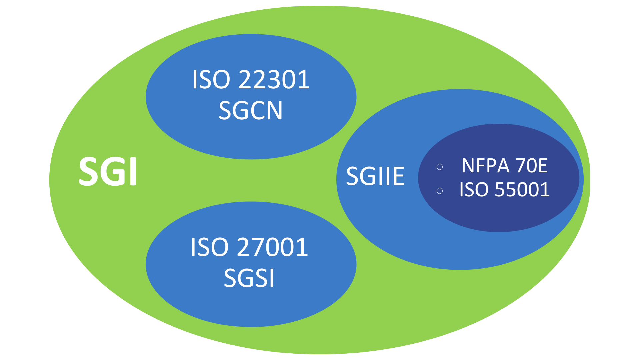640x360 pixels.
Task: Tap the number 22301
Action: point(274,80)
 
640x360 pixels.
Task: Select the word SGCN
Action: point(250,111)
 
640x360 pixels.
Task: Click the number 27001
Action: point(272,247)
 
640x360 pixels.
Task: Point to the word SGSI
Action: point(249,278)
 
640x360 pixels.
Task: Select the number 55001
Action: point(522,190)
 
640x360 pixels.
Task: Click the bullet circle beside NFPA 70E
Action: point(440,167)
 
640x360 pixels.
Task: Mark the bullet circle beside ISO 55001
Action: point(440,191)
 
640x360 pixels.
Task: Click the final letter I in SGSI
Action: point(272,278)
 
